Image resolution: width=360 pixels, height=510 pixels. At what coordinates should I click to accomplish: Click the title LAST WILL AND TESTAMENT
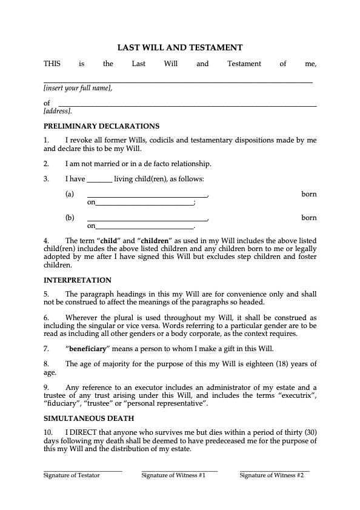tap(180, 47)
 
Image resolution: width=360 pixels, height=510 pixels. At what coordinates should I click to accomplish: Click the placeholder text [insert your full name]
tap(78, 89)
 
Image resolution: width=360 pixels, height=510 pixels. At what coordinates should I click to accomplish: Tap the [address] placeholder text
tap(58, 112)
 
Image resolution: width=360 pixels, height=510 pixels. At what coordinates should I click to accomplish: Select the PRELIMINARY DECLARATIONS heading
tap(101, 126)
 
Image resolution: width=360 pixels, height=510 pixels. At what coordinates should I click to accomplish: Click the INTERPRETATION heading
tap(78, 280)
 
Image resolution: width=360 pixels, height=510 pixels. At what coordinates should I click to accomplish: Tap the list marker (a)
tap(70, 194)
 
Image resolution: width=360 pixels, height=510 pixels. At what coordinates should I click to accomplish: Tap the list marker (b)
tap(70, 218)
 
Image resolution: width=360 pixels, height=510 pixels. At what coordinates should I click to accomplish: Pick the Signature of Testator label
tap(72, 475)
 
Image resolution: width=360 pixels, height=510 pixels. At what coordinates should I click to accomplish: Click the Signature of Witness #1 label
tap(173, 475)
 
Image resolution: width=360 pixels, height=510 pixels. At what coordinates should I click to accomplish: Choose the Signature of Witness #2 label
tap(272, 475)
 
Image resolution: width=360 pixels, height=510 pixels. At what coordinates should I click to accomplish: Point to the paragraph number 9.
tap(46, 386)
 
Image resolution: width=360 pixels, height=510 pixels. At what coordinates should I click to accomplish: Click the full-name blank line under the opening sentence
tap(178, 80)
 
